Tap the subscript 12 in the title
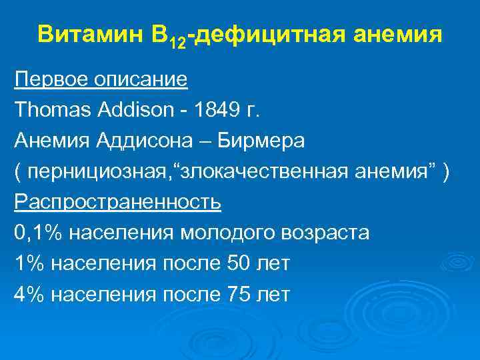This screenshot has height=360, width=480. tap(179, 42)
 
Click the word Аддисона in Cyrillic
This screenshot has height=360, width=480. tap(137, 141)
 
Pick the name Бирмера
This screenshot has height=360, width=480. tap(259, 141)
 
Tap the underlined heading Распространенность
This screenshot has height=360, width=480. tap(117, 201)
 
